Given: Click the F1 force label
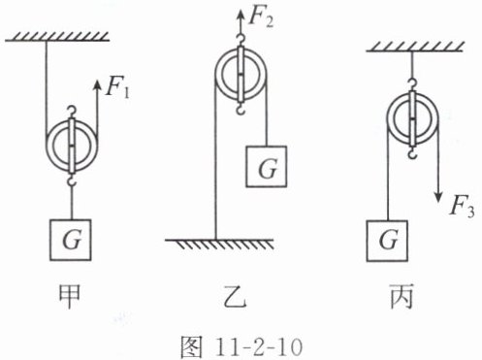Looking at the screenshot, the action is pyautogui.click(x=118, y=88).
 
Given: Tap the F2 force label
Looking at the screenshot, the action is pyautogui.click(x=261, y=17).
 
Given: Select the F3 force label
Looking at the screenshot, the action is pyautogui.click(x=463, y=207).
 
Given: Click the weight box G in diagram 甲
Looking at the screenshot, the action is pyautogui.click(x=71, y=240).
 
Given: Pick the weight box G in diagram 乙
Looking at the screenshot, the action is pyautogui.click(x=267, y=167).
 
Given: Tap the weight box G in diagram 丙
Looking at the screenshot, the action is pyautogui.click(x=387, y=241).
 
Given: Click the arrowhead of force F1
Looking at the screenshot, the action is pyautogui.click(x=97, y=84).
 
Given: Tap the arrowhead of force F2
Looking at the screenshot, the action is pyautogui.click(x=241, y=15).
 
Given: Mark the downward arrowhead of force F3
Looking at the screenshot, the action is pyautogui.click(x=438, y=197).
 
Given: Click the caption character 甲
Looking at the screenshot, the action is pyautogui.click(x=70, y=296).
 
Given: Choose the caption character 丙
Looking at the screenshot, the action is pyautogui.click(x=402, y=296).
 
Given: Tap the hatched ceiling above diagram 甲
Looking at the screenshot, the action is pyautogui.click(x=57, y=37).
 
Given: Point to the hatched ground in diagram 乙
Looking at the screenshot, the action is pyautogui.click(x=219, y=245).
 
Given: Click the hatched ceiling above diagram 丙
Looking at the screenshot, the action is pyautogui.click(x=415, y=48).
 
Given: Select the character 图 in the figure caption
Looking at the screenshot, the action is pyautogui.click(x=192, y=347).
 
